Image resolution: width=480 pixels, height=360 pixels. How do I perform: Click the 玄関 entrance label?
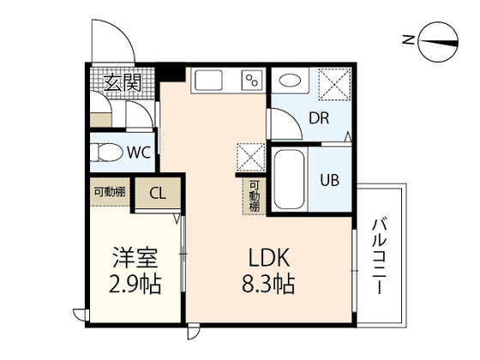click(x=123, y=82)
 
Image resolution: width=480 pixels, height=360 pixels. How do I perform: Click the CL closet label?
click(x=157, y=193)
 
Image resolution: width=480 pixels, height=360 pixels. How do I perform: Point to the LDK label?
click(x=270, y=256)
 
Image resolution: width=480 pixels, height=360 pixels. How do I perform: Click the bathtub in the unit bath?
click(x=289, y=180)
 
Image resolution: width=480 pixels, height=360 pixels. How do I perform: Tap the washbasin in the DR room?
click(x=291, y=81)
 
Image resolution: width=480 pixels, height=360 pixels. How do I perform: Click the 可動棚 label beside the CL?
click(x=109, y=191)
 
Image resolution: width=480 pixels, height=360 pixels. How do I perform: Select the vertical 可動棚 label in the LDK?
click(x=255, y=198)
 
